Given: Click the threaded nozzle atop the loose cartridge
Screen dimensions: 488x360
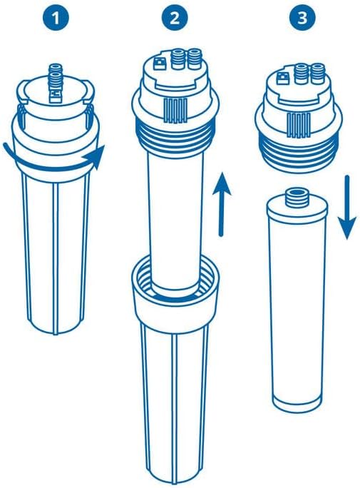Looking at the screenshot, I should pyautogui.click(x=294, y=195).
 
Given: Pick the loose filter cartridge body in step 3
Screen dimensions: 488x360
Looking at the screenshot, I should pyautogui.click(x=294, y=300).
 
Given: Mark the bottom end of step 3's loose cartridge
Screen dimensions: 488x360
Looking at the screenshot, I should pyautogui.click(x=294, y=401).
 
